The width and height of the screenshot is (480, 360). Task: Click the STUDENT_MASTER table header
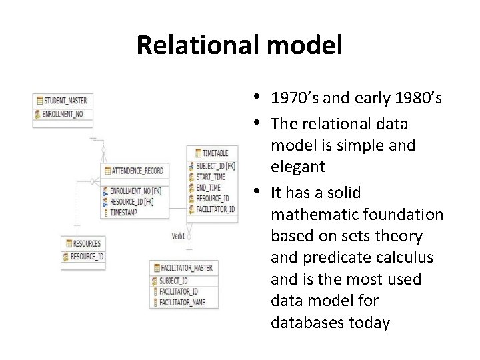pyautogui.click(x=64, y=101)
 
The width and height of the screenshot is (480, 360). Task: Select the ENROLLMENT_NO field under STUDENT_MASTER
pyautogui.click(x=64, y=113)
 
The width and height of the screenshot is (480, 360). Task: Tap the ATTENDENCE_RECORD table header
pyautogui.click(x=136, y=171)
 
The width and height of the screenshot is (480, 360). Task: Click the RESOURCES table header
pyautogui.click(x=87, y=243)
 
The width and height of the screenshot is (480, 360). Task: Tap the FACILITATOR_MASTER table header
pyautogui.click(x=185, y=267)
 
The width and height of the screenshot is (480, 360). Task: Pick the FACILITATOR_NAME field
pyautogui.click(x=183, y=303)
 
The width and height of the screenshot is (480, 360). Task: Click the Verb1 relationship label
pyautogui.click(x=178, y=236)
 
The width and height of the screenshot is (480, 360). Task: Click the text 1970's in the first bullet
pyautogui.click(x=295, y=99)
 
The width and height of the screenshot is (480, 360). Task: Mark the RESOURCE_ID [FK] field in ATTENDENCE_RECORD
pyautogui.click(x=131, y=201)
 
